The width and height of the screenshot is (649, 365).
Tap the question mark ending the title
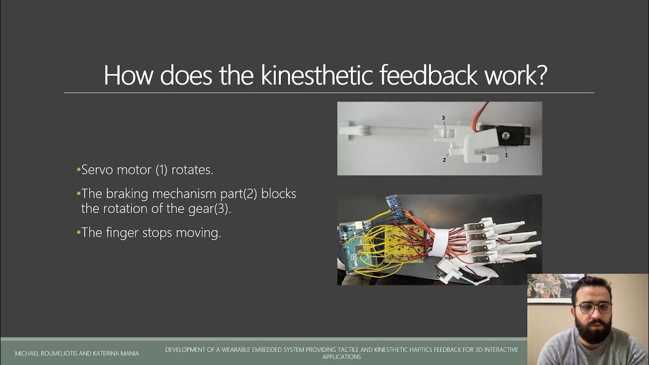click(540, 75)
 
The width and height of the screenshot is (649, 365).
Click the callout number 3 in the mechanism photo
click(443, 118)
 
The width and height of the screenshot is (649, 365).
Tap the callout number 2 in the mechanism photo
click(444, 160)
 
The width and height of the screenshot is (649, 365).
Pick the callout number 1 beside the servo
click(506, 155)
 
